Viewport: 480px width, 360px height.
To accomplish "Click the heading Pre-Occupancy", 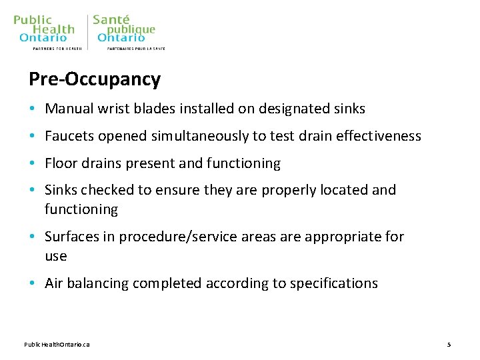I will coord(94,80).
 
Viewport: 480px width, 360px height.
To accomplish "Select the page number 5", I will coord(449,344).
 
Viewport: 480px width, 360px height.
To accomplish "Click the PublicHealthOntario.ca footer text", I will coord(57,344).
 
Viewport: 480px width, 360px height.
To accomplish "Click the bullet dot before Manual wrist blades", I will coord(32,109).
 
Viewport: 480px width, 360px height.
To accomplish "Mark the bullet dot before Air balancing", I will coord(32,284).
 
